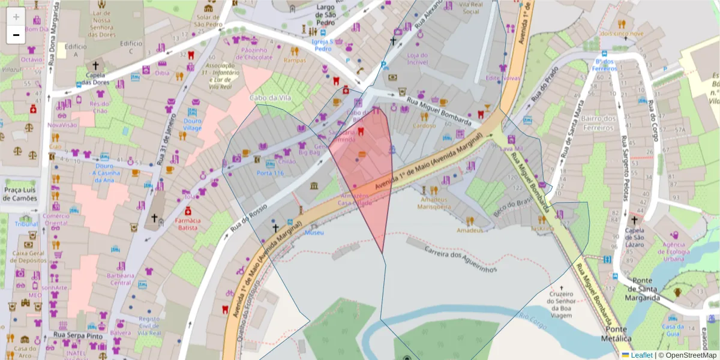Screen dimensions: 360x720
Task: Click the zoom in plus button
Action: point(16,16)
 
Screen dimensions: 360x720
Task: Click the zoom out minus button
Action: point(16,35)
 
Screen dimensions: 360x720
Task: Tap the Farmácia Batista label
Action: point(187,224)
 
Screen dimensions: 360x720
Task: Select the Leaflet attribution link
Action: point(641,355)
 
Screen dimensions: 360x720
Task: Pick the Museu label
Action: point(314,232)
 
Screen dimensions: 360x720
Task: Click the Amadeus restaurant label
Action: point(469,230)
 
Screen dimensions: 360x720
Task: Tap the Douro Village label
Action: point(192,124)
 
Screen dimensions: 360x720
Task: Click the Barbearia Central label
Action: point(121,279)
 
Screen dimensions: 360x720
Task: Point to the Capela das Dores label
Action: point(94,78)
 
